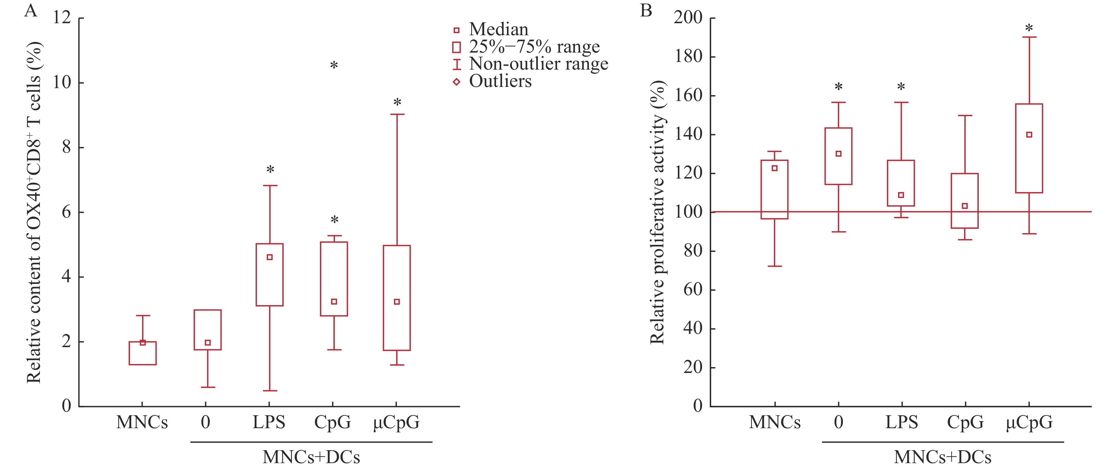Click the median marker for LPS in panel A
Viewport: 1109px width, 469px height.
[x=270, y=257]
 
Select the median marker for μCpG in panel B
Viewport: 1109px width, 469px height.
[x=1029, y=135]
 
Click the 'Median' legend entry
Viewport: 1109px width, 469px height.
[x=498, y=30]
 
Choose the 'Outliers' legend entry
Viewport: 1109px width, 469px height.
[x=500, y=81]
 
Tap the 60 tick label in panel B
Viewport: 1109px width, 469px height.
[x=693, y=290]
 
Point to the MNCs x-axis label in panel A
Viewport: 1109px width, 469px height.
[x=142, y=422]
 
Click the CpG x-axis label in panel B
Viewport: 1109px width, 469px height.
[x=965, y=422]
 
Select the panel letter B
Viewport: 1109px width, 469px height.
[x=646, y=10]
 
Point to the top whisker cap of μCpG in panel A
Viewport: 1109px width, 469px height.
[x=397, y=114]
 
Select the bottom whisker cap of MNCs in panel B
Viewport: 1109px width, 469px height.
[x=775, y=266]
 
